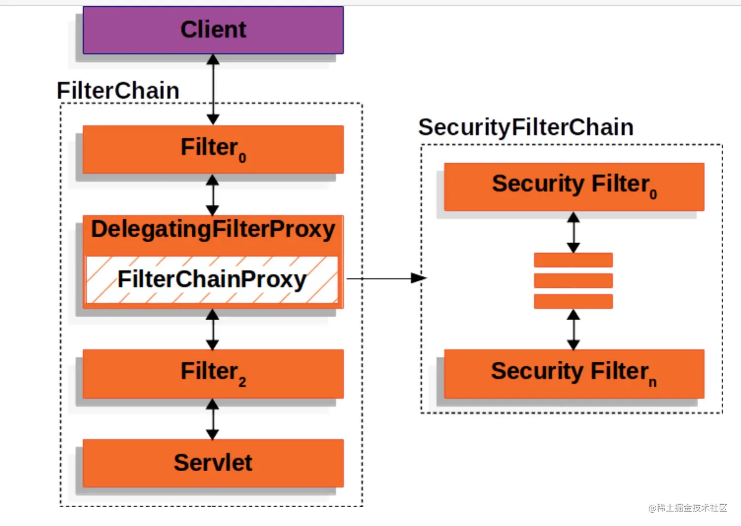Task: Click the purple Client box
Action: coord(213,30)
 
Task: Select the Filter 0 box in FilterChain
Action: coord(213,149)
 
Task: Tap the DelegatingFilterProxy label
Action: coord(213,229)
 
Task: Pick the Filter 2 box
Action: coord(213,373)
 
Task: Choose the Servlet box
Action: coord(213,463)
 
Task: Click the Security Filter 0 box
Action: coord(574,187)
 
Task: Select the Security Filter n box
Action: coord(574,373)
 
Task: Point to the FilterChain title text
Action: coord(118,91)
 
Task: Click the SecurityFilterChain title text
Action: coord(526,127)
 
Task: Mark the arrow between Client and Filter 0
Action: coord(213,89)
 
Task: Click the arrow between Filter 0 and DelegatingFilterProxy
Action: coord(212,194)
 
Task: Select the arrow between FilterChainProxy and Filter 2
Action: coord(212,329)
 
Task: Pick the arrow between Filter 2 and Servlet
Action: coord(212,419)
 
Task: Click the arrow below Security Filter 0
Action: coord(573,232)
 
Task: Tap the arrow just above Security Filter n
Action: coord(573,329)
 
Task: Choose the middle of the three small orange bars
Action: coord(573,280)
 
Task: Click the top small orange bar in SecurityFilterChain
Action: coord(573,260)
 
